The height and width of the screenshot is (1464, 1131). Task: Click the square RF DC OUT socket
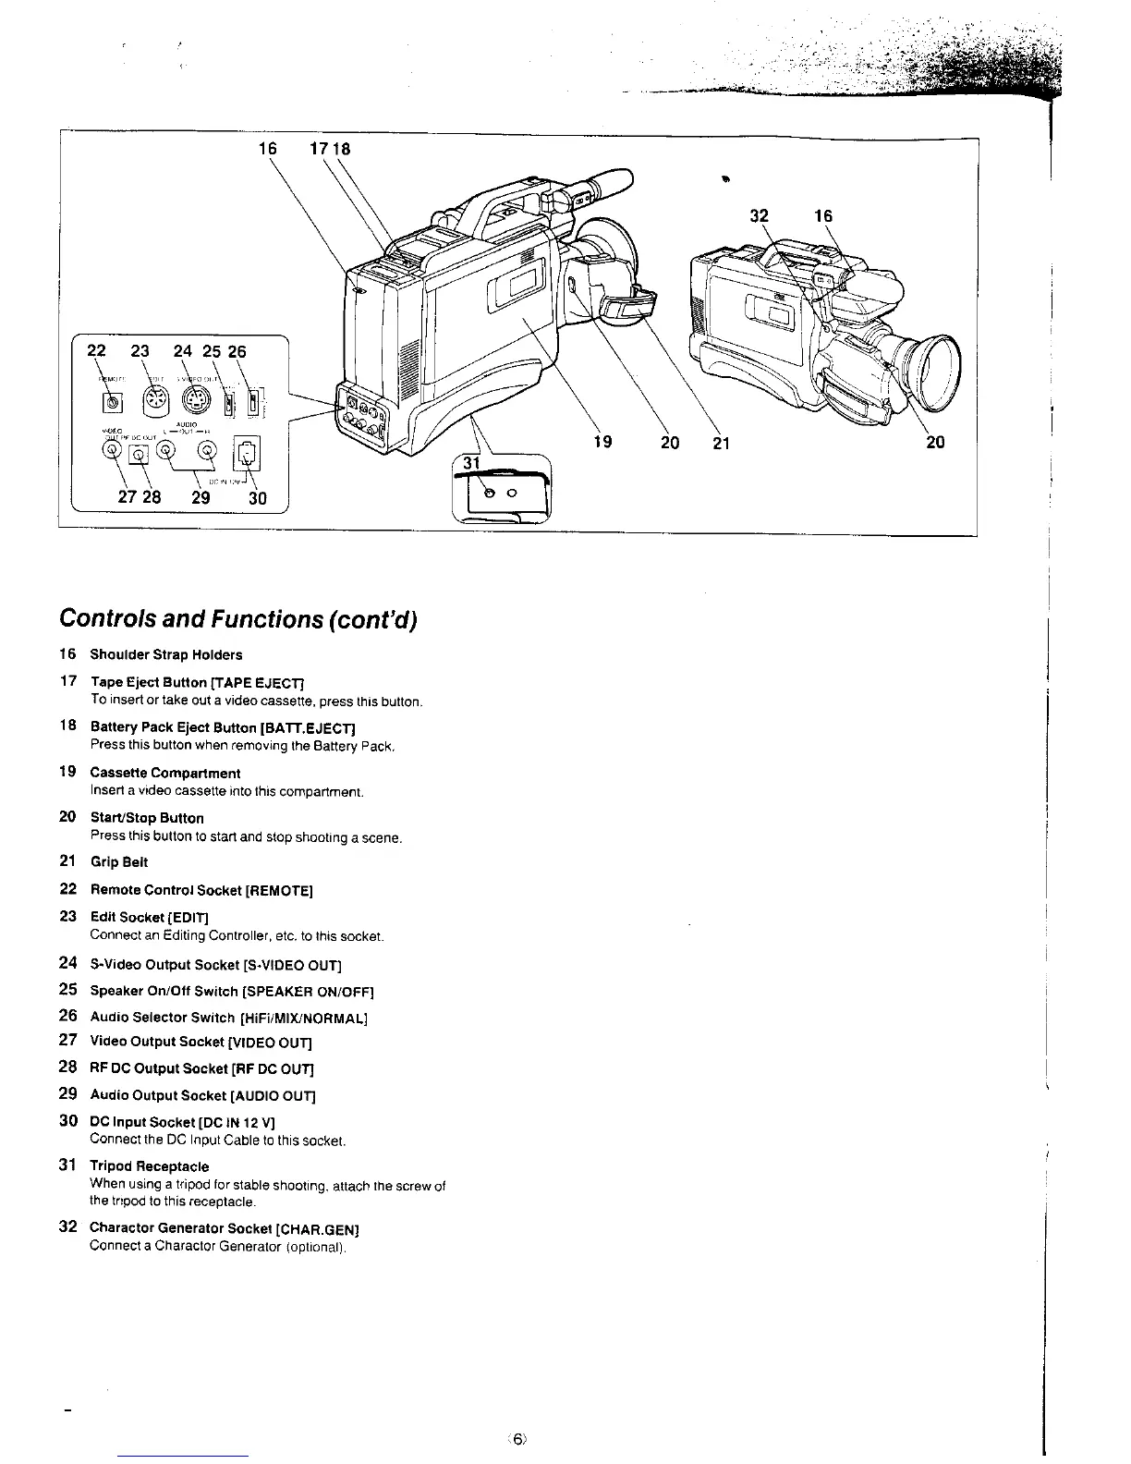coord(139,454)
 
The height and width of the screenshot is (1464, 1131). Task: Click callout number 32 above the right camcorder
coord(759,216)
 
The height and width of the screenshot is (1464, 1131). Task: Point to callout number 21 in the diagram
coord(721,442)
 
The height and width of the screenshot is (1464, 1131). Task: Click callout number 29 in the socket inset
coord(200,498)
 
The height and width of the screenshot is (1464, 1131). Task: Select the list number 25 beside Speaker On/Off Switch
coord(67,991)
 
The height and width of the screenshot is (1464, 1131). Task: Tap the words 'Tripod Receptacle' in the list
coord(149,1166)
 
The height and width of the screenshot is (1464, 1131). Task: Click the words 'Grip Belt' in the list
coord(118,862)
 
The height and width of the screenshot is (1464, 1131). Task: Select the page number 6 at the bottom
coord(518,1438)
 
